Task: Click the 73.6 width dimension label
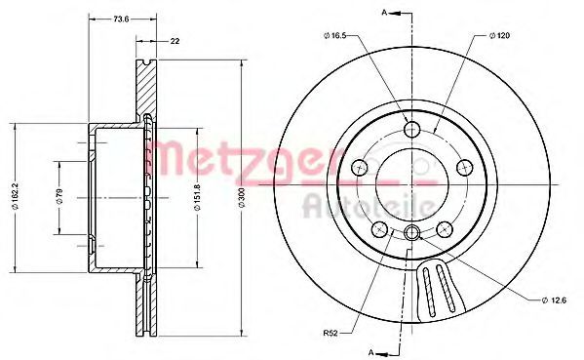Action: (x=121, y=20)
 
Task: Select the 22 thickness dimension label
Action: (x=175, y=41)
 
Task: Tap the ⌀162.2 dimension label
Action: (x=15, y=196)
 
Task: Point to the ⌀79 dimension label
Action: (x=60, y=196)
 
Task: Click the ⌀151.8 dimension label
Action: (x=197, y=197)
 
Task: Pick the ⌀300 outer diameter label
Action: (x=242, y=197)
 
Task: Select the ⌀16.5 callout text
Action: (x=335, y=35)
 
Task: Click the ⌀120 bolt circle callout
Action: (x=499, y=36)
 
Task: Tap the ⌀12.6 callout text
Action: (x=554, y=300)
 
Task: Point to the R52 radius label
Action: (x=330, y=334)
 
